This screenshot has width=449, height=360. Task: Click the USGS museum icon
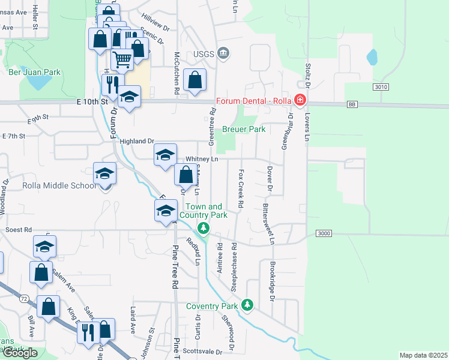[x=223, y=53]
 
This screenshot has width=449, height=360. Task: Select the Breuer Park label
[x=244, y=129]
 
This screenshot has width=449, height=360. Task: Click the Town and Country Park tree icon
[x=204, y=228]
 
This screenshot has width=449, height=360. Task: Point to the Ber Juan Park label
[x=35, y=72]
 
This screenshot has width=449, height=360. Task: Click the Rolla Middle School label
[x=59, y=185]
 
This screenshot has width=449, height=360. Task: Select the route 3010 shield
[x=380, y=87]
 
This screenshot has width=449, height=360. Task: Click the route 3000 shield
[x=323, y=233]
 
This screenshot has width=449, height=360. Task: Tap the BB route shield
[x=353, y=104]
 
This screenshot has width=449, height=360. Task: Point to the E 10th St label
[x=91, y=103]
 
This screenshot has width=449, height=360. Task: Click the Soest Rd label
[x=18, y=230]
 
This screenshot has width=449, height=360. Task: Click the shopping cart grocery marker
[x=122, y=59]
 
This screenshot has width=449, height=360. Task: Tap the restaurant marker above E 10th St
[x=112, y=84]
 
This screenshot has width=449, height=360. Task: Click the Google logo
[x=20, y=353]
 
